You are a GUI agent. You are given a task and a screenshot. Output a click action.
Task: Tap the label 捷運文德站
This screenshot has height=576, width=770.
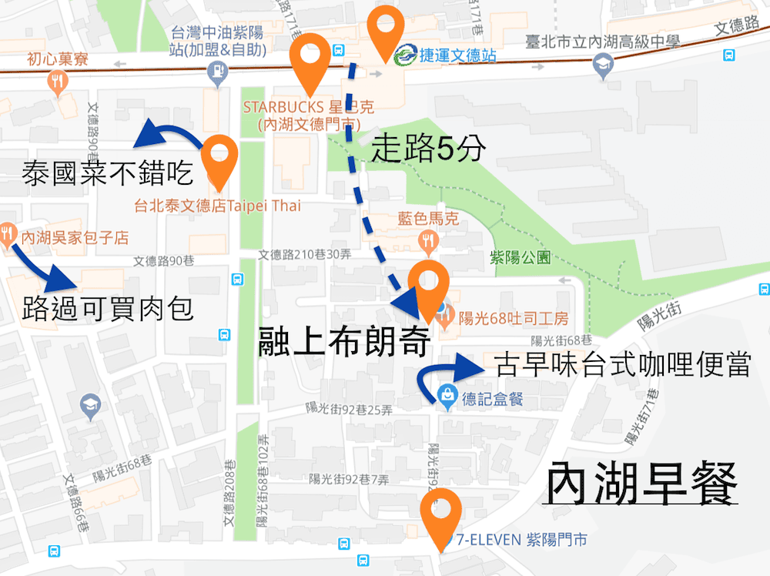click(456, 55)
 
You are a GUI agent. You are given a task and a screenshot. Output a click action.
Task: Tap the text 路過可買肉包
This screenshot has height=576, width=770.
click(108, 310)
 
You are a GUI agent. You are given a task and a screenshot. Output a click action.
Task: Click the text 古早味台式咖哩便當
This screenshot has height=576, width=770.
click(621, 365)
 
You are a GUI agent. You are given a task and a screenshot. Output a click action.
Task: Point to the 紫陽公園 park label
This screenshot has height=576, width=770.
click(521, 258)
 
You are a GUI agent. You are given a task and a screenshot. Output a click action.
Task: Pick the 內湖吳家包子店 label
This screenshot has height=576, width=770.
click(75, 237)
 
